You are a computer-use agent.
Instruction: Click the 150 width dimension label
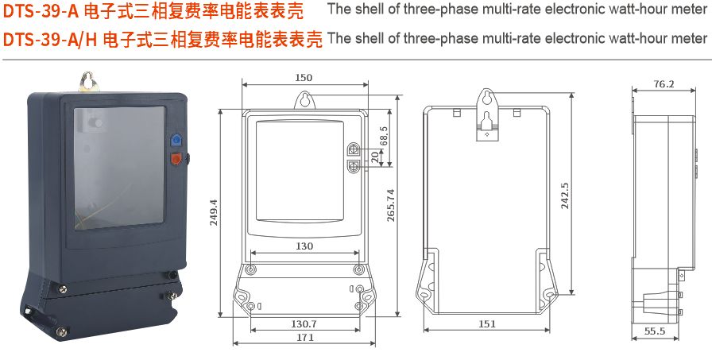[x=303, y=77]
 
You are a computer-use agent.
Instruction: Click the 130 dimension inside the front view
[x=304, y=246]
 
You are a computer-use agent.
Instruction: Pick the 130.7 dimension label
[x=304, y=323]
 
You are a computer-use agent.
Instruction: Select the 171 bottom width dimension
[x=305, y=338]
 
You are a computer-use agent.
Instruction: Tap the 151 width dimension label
[x=487, y=323]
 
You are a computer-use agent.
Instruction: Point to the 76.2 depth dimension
[x=664, y=83]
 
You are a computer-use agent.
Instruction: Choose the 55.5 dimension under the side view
[x=655, y=331]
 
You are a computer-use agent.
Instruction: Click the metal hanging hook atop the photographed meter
[x=87, y=81]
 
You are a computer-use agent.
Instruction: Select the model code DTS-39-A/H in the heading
[x=51, y=40]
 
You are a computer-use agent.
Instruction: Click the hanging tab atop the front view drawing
[x=304, y=100]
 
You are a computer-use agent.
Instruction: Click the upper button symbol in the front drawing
[x=353, y=149]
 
